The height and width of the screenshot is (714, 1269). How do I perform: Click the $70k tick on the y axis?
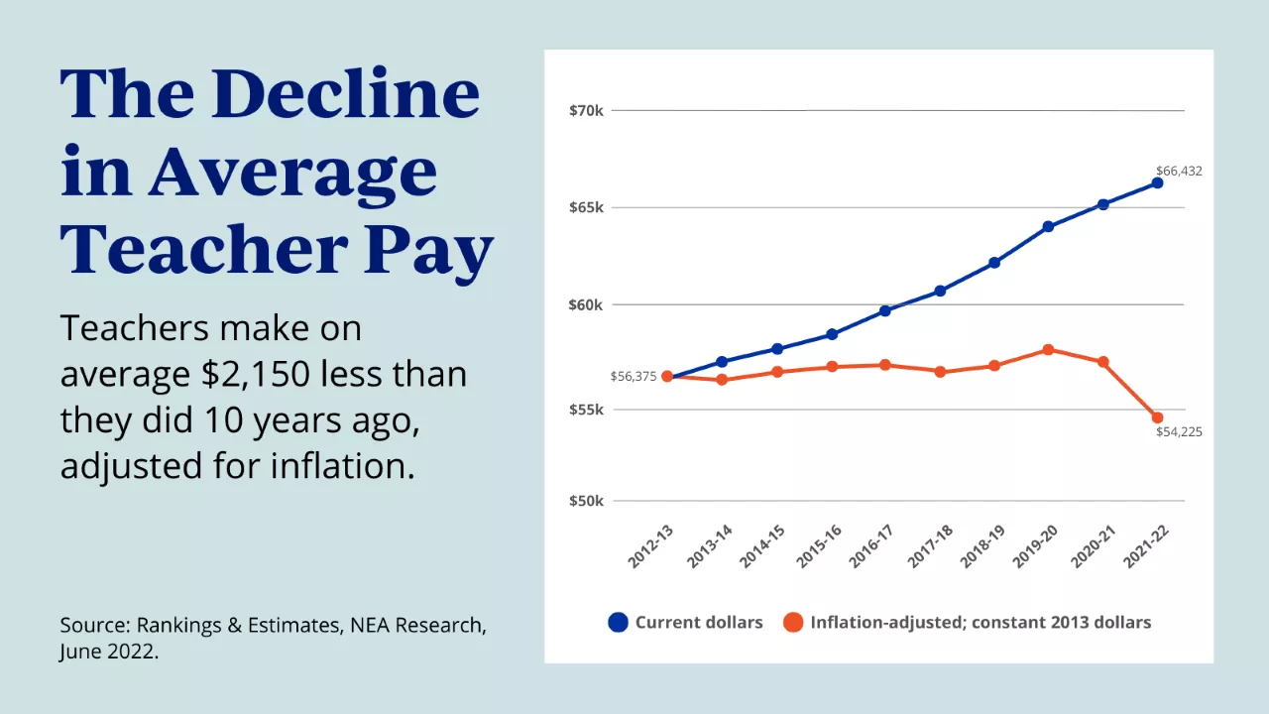pyautogui.click(x=586, y=110)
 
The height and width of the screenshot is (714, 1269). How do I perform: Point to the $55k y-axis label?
pyautogui.click(x=586, y=410)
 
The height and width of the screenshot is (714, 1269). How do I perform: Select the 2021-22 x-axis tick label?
pyautogui.click(x=1145, y=547)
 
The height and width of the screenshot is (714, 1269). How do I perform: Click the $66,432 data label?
pyautogui.click(x=1179, y=171)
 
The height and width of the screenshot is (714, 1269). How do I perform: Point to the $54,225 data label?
pyautogui.click(x=1179, y=432)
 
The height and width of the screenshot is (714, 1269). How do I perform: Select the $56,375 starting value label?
pyautogui.click(x=634, y=376)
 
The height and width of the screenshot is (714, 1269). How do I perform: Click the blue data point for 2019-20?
pyautogui.click(x=1048, y=226)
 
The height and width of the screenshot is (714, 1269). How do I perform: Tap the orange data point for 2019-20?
pyautogui.click(x=1048, y=349)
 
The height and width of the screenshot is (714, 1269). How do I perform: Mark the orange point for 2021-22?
pyautogui.click(x=1157, y=417)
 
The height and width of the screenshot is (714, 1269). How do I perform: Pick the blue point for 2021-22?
pyautogui.click(x=1157, y=182)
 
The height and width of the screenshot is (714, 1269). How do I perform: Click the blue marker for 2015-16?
pyautogui.click(x=831, y=334)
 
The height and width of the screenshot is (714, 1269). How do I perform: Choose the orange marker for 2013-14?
pyautogui.click(x=722, y=380)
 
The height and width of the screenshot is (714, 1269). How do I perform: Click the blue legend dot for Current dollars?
pyautogui.click(x=619, y=623)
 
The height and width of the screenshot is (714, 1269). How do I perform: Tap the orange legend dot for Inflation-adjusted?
pyautogui.click(x=792, y=623)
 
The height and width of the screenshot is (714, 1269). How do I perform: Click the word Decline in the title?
pyautogui.click(x=346, y=94)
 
